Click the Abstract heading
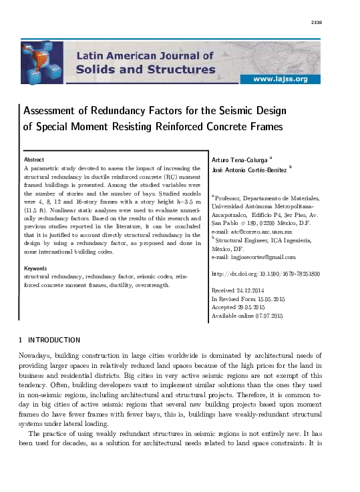click(34, 160)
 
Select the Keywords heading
click(37, 268)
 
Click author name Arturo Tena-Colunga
click(238, 160)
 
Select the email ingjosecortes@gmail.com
click(262, 257)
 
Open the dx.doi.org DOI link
click(265, 274)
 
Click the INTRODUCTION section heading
click(53, 340)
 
